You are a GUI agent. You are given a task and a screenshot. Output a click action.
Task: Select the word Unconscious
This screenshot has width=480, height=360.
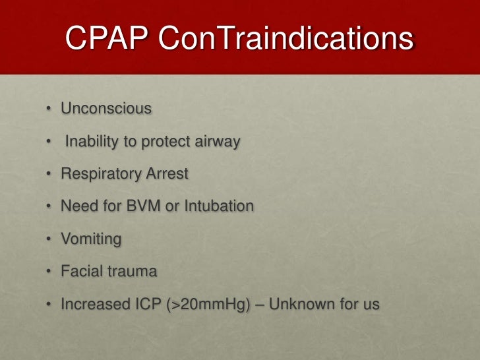coord(106,108)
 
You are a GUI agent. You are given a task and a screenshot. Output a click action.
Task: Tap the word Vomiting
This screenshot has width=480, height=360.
coord(91,239)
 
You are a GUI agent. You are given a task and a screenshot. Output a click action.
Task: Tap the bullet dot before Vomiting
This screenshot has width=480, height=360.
coord(50,239)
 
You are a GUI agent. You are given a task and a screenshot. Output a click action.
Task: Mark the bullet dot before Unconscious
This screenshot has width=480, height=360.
coord(50,109)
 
